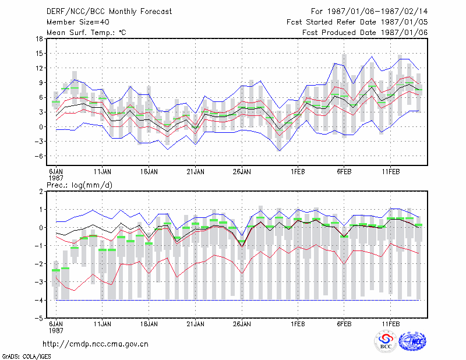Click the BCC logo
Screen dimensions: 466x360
click(x=386, y=342)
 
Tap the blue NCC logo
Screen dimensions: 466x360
click(x=412, y=341)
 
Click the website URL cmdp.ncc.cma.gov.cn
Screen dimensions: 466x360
click(x=96, y=344)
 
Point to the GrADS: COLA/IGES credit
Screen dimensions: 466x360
click(x=27, y=356)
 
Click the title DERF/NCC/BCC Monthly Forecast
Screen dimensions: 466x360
click(x=109, y=12)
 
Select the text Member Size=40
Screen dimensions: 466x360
click(x=78, y=22)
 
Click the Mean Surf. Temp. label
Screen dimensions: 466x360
click(x=86, y=33)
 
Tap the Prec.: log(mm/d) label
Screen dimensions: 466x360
click(x=79, y=185)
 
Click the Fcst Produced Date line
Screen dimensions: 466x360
click(x=365, y=33)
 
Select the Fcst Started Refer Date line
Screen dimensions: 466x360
click(x=357, y=22)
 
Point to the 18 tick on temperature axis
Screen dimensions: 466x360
click(x=39, y=38)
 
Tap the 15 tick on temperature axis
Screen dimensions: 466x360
click(x=39, y=54)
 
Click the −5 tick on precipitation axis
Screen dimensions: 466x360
click(x=40, y=318)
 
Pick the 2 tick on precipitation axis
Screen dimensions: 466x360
click(x=41, y=191)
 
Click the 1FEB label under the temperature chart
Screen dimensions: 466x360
click(x=298, y=171)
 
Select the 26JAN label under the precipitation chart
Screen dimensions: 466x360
click(x=242, y=324)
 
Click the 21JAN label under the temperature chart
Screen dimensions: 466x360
click(x=195, y=171)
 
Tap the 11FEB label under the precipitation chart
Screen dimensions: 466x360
click(x=391, y=324)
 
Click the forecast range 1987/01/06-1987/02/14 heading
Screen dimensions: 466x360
click(x=369, y=12)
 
